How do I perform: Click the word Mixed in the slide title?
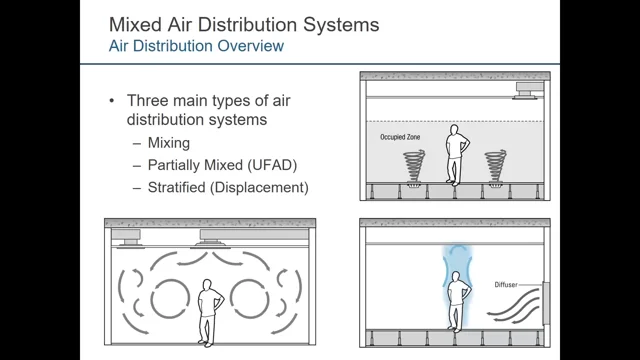tap(136, 24)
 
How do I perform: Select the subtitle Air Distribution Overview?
tap(196, 46)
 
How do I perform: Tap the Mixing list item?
tap(169, 143)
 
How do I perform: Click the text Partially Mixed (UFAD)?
tap(222, 165)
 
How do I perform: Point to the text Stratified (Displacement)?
tap(228, 187)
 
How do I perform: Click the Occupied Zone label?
tap(400, 137)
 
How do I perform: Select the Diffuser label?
tap(506, 285)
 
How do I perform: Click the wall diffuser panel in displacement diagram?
tap(546, 303)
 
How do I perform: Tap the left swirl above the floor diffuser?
tap(414, 166)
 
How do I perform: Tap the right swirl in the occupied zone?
tap(496, 166)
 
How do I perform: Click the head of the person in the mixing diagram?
tap(207, 284)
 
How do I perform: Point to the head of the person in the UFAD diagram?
tap(453, 130)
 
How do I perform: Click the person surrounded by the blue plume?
tap(457, 302)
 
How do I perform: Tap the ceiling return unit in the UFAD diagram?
tap(529, 91)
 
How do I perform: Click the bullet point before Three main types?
tap(112, 101)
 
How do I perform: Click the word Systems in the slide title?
tap(341, 25)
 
